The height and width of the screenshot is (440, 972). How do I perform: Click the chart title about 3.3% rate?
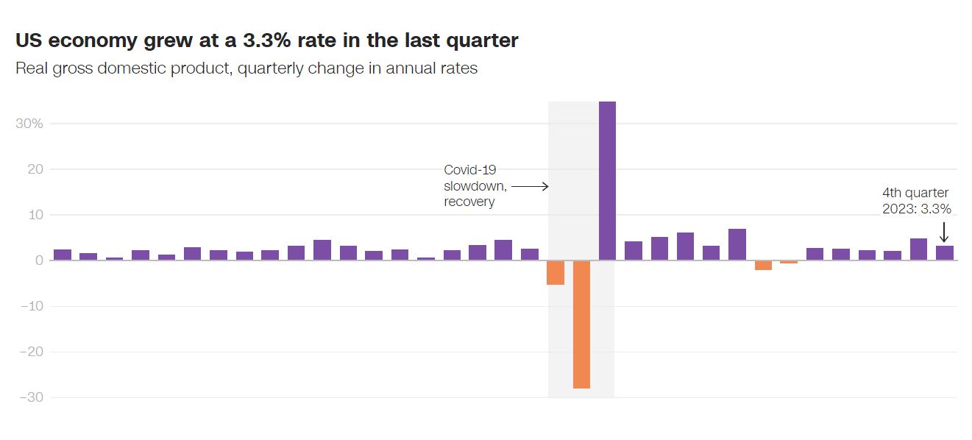266,40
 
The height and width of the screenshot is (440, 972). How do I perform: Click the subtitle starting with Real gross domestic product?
246,68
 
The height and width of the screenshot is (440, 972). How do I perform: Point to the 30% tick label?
29,124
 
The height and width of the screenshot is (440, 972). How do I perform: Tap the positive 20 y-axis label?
35,169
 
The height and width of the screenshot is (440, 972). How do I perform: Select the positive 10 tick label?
35,215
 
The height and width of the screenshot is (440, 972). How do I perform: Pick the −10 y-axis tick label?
30,306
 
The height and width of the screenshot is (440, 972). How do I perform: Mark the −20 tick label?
29,352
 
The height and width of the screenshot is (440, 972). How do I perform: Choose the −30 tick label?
29,397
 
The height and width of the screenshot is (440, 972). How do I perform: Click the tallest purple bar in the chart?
607,180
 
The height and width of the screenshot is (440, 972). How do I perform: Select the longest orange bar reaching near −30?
581,324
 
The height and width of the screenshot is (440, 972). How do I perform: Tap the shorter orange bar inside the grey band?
556,272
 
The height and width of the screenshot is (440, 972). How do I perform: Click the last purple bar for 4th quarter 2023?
945,252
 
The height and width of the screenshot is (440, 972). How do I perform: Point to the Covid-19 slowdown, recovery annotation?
475,185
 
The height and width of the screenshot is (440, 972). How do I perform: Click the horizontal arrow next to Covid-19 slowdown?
530,186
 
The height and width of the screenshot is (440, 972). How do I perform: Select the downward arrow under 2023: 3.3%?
944,232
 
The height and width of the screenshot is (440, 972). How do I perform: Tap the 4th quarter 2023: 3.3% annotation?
916,201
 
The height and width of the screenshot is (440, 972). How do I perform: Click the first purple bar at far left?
63,255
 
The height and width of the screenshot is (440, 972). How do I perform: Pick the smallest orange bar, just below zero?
789,262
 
